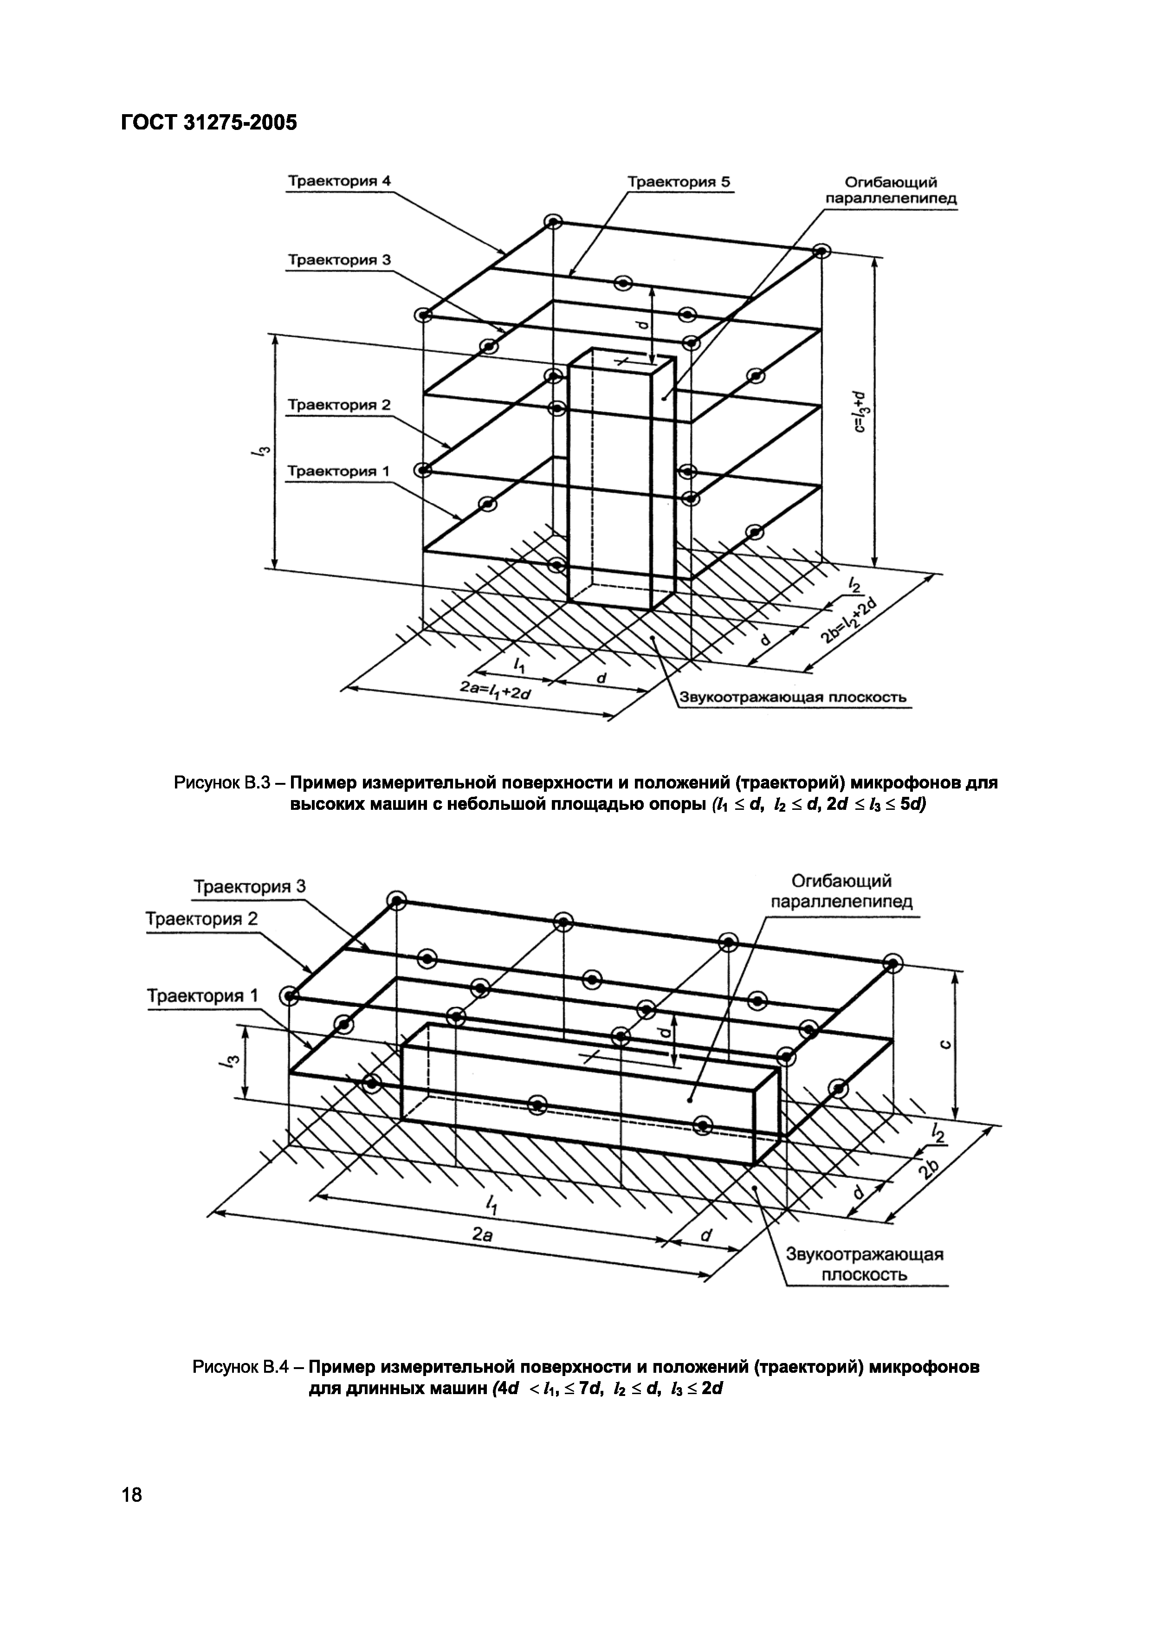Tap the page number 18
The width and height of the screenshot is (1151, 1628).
click(132, 1495)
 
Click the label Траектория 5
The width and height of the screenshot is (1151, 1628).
click(678, 181)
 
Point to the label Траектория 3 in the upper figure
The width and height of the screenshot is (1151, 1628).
click(338, 259)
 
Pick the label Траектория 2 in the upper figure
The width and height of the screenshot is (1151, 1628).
click(338, 405)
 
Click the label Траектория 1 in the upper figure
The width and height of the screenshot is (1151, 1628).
click(338, 471)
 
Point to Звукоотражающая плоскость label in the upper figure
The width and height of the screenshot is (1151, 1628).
click(793, 697)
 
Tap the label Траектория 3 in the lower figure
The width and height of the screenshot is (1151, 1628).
click(250, 886)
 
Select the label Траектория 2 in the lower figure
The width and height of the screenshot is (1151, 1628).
click(201, 919)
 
